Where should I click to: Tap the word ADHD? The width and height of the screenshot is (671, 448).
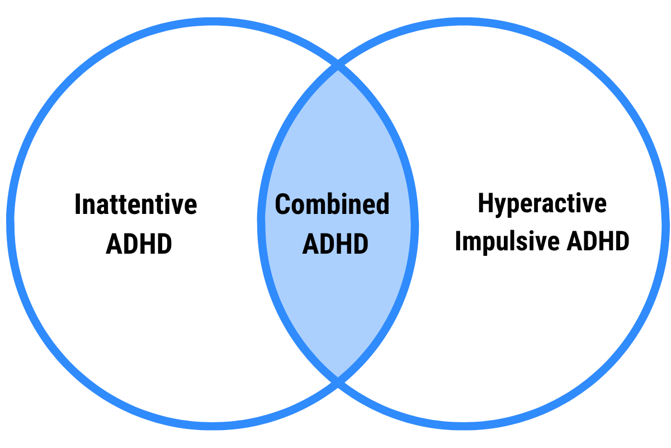(335, 244)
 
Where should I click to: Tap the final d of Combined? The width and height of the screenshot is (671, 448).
(382, 204)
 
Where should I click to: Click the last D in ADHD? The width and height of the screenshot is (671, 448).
(361, 244)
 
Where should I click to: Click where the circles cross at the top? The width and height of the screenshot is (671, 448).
(338, 67)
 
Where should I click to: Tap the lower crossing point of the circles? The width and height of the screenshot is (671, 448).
(338, 381)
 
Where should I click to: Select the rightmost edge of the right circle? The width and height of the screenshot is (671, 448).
(665, 224)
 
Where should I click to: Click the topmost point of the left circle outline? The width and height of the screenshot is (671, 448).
(212, 21)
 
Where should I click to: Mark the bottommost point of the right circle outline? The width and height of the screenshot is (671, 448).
(463, 427)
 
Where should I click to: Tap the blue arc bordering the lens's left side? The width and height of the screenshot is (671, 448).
(261, 224)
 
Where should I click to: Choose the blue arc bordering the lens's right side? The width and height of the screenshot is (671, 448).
(415, 224)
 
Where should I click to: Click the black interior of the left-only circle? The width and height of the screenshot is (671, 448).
(134, 224)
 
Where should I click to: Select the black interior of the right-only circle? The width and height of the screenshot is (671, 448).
(537, 224)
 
